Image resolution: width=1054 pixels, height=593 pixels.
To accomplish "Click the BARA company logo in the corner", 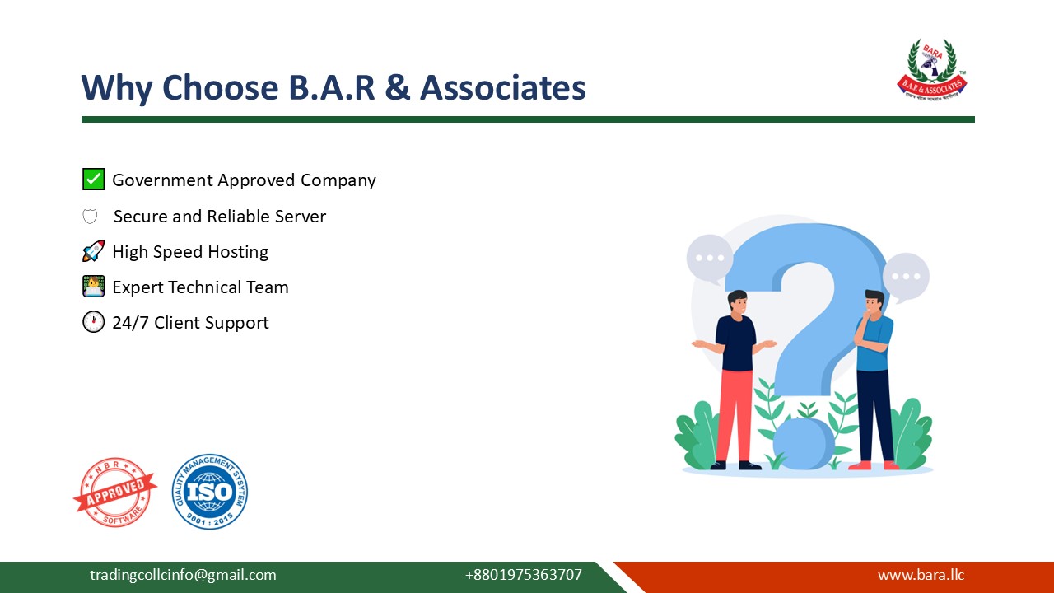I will pos(931,70).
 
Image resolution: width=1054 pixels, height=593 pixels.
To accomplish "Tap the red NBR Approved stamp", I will pos(114,492).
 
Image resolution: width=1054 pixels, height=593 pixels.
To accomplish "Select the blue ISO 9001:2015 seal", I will pos(210,492).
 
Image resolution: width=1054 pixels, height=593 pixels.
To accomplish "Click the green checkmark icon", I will pos(93,180).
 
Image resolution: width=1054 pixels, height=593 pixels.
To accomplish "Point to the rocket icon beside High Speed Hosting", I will pos(93,251).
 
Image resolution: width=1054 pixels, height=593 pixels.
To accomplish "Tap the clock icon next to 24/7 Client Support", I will pos(93,322).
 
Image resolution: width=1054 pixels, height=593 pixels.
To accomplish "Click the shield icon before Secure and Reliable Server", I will pos(90,217).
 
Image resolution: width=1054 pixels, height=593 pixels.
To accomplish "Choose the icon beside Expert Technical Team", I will pos(93,287).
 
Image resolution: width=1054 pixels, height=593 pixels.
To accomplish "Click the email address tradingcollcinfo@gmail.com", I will pos(183,575).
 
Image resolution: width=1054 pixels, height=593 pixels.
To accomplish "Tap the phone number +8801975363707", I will pos(523,575).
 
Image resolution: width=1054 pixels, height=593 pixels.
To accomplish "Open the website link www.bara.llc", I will pos(921,575).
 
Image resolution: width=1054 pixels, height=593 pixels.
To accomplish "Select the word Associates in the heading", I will pos(502,88).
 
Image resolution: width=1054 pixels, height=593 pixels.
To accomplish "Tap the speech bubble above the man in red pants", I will pos(709,258).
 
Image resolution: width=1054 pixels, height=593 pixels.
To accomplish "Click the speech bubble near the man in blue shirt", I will pos(907,277).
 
